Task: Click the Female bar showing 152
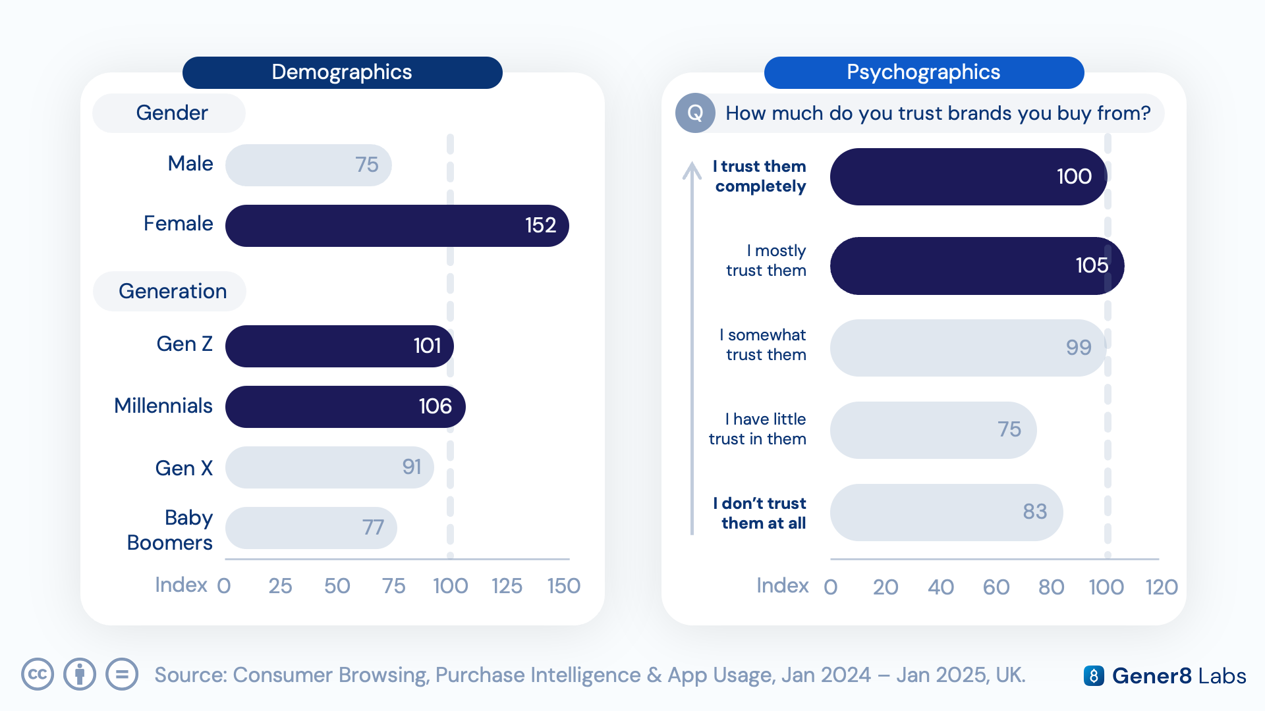click(x=397, y=226)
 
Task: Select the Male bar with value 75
click(x=308, y=165)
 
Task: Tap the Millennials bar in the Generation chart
click(x=345, y=407)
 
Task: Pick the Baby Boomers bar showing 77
click(x=311, y=528)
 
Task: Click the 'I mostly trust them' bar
click(x=977, y=266)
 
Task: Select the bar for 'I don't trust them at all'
click(x=947, y=513)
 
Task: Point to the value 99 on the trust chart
click(x=1079, y=348)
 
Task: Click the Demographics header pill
click(x=343, y=72)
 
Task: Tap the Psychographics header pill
click(x=924, y=72)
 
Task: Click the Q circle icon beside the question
click(x=695, y=113)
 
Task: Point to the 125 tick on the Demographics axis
click(x=507, y=586)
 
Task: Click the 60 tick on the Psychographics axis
click(x=996, y=587)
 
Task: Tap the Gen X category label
click(x=184, y=468)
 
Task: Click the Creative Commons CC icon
click(x=38, y=675)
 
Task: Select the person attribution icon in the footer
click(x=80, y=675)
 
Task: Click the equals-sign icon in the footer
click(x=122, y=675)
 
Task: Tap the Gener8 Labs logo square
click(x=1094, y=676)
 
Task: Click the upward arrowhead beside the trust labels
click(x=692, y=171)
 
